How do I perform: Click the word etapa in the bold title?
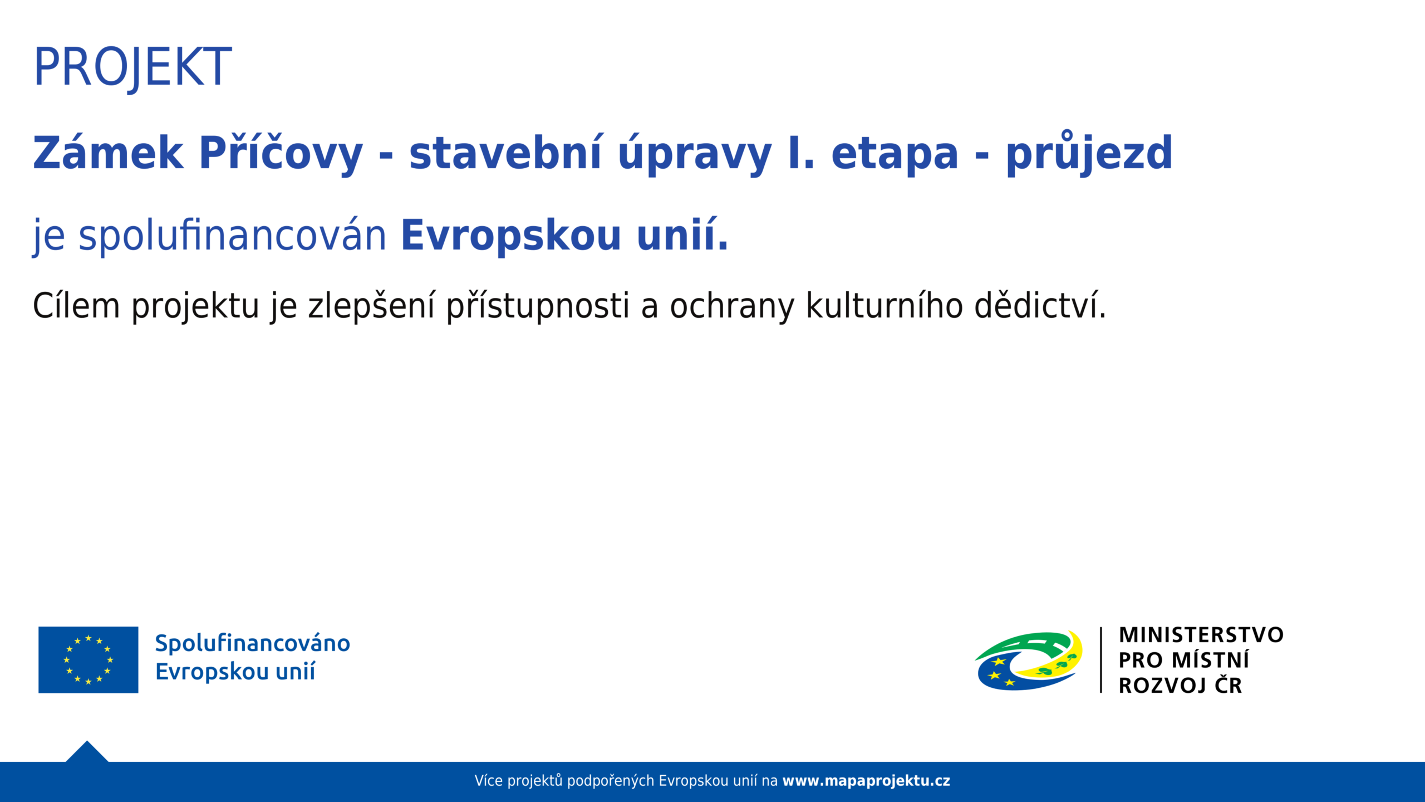coord(895,153)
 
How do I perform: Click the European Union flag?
coord(88,660)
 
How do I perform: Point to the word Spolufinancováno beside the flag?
coord(252,643)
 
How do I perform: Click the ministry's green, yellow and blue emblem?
coord(1029,661)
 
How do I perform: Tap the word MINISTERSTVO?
coord(1201,635)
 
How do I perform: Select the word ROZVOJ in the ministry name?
coord(1162,686)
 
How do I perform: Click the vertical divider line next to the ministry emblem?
coord(1101,660)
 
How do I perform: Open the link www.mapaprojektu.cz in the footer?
coord(866,781)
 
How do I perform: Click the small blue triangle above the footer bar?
coord(87,753)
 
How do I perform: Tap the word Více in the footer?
coord(489,780)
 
